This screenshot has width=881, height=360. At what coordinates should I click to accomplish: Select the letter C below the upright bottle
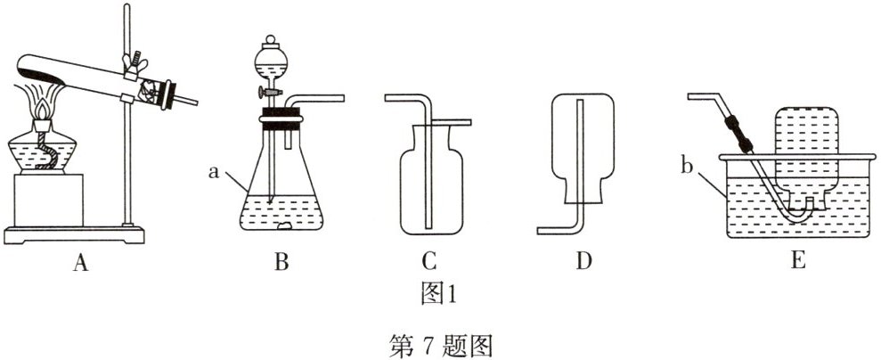point(428,261)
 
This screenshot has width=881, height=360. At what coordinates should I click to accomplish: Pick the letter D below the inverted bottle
point(583,261)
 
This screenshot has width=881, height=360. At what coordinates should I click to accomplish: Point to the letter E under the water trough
point(797,261)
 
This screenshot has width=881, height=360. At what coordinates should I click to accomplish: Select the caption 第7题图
point(441,344)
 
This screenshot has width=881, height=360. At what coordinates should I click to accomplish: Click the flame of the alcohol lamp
point(41,107)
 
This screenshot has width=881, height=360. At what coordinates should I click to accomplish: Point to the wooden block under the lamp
point(50,200)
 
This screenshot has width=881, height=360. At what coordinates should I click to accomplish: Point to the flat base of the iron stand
point(76,234)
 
